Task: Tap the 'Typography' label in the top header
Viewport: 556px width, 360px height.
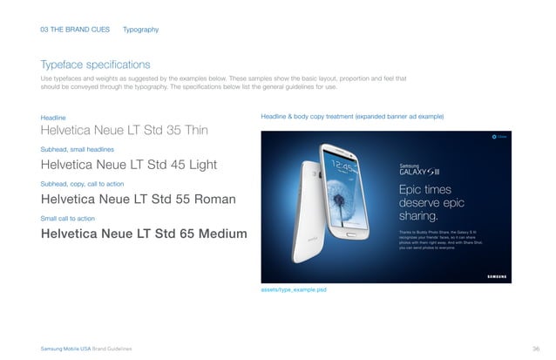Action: pos(141,30)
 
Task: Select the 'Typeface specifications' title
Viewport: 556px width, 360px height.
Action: pos(96,65)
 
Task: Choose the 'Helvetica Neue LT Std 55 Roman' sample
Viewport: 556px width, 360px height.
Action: pos(139,200)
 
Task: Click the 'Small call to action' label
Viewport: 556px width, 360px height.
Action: pos(68,217)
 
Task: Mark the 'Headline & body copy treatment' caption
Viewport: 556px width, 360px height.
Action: pos(352,117)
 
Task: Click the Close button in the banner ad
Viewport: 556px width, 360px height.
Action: pos(498,137)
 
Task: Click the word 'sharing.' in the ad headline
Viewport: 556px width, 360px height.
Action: pos(417,216)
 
